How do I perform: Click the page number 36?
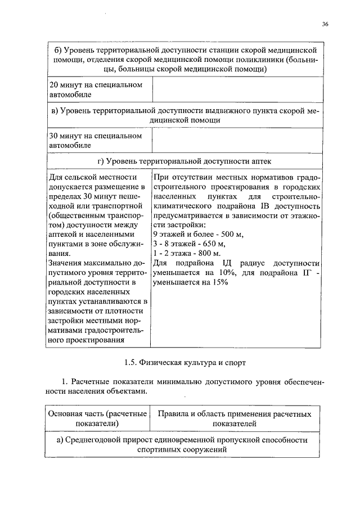coord(326,25)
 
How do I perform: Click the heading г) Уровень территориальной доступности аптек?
coord(184,161)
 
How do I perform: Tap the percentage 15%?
coord(219,282)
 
